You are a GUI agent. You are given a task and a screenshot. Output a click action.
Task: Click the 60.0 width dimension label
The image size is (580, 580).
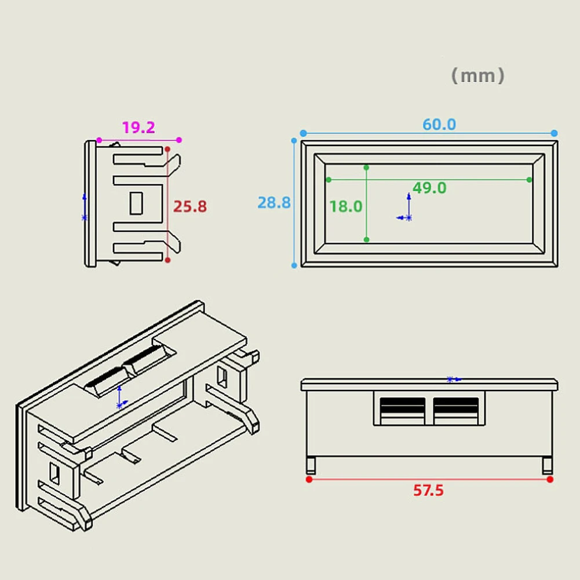[x=439, y=125]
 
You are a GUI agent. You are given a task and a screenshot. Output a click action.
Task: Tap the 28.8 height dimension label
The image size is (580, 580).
[x=273, y=203]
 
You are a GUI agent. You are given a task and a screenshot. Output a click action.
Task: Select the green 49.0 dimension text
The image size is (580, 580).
[x=429, y=188]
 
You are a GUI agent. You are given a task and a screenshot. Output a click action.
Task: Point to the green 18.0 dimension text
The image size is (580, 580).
[x=345, y=206]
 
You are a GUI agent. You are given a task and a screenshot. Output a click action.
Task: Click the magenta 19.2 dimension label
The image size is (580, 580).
[x=138, y=127]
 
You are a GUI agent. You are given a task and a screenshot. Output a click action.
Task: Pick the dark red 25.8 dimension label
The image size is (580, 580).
[x=191, y=206]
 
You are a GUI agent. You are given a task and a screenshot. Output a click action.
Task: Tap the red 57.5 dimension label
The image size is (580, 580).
[x=428, y=491]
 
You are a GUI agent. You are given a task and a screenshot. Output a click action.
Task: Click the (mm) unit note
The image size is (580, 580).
[x=477, y=75]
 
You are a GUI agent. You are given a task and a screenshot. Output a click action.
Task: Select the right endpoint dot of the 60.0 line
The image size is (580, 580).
[x=554, y=133]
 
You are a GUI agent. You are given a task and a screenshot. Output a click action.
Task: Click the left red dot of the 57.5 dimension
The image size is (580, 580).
[x=309, y=479]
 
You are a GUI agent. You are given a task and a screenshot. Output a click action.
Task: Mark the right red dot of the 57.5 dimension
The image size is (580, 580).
[x=550, y=479]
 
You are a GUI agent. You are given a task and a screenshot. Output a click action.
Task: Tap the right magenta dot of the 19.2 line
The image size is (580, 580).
[x=179, y=140]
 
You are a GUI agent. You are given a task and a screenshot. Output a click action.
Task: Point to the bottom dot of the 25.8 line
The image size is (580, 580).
[x=168, y=260]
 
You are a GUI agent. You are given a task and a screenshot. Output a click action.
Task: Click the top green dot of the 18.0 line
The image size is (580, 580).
[x=366, y=167]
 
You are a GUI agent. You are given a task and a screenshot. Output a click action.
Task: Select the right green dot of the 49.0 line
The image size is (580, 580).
[x=529, y=180]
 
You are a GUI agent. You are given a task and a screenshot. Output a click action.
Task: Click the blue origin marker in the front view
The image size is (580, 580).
[x=408, y=217]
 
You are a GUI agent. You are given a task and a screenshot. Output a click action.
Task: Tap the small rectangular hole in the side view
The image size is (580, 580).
[x=136, y=203]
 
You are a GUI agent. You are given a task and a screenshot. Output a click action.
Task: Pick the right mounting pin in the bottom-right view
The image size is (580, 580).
[x=548, y=465]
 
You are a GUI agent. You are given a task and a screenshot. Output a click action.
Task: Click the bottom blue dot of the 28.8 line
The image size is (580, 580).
[x=294, y=265]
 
